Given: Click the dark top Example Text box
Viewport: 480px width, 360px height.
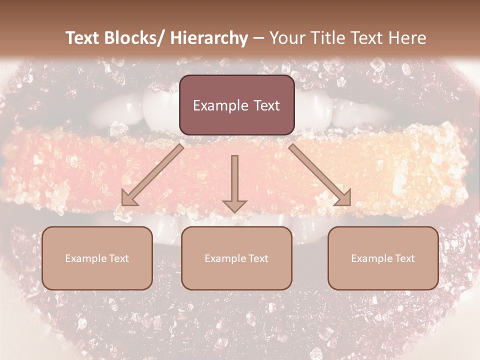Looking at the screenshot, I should point(236,105).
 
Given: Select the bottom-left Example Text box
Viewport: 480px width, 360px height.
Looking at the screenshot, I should point(97,258).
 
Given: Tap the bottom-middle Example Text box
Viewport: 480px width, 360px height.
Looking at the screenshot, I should point(236,258).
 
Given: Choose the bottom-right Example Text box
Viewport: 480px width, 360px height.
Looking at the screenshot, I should point(383,258).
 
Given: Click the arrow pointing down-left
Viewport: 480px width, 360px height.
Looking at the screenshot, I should point(152,175).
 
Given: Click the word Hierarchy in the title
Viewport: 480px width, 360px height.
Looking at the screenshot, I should point(209,38).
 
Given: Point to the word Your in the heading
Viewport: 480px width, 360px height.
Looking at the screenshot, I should point(286,38).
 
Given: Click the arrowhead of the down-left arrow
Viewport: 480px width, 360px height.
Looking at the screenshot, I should point(129,198).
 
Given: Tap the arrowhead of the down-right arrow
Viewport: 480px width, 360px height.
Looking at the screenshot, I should point(343,198).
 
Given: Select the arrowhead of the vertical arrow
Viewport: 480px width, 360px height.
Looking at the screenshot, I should point(235,205).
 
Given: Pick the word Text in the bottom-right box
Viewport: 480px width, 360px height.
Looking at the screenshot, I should point(404,258).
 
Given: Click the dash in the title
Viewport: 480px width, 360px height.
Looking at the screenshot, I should point(258,38).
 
